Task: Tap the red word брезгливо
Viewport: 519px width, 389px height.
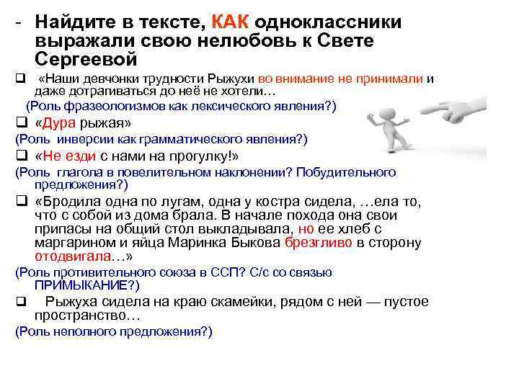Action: tap(319, 243)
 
